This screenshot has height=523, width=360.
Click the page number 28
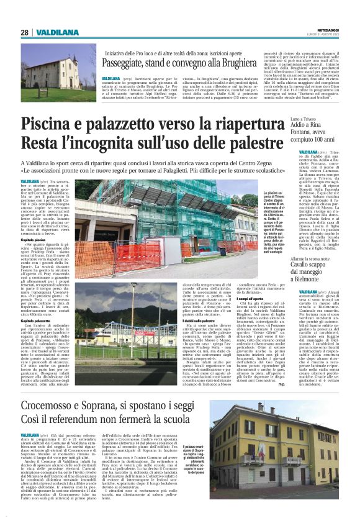[25, 32]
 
